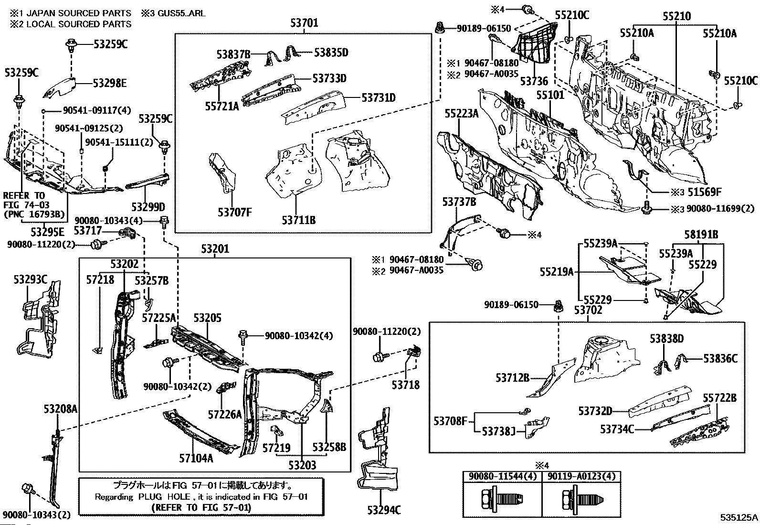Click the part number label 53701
coord(304,23)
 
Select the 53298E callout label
coord(110,83)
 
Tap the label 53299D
coord(148,206)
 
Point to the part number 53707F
coord(235,212)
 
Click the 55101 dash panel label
coord(550,96)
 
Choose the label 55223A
coord(462,113)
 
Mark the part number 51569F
coord(704,192)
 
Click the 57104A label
coord(196,459)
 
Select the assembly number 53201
coord(215,248)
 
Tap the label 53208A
coord(61,409)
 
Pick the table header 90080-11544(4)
coord(503,476)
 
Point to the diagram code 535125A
coord(739,517)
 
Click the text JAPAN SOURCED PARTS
coord(79,13)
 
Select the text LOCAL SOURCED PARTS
coord(79,24)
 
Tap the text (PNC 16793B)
coord(34,214)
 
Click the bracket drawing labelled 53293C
coord(38,320)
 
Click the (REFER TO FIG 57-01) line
coord(201,508)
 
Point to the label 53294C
coord(384,510)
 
